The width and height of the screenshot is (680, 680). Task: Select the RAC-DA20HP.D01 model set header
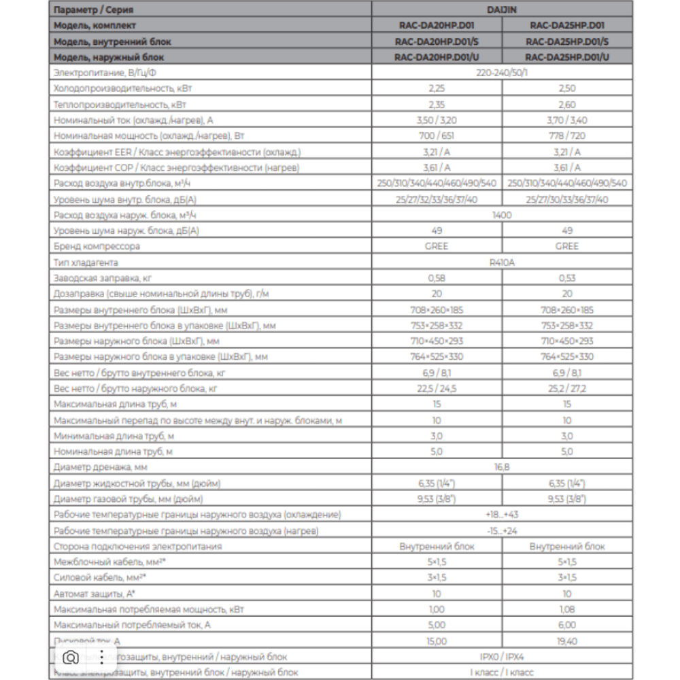click(x=436, y=26)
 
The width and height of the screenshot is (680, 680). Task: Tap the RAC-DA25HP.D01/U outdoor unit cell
click(x=567, y=57)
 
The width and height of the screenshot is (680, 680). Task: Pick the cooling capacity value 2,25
click(x=436, y=88)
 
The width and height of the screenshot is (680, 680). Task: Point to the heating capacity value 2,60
click(x=566, y=105)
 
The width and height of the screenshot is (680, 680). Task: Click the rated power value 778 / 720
click(x=566, y=136)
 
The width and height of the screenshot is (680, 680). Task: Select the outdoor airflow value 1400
click(x=502, y=215)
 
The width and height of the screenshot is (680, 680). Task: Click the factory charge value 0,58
click(x=436, y=278)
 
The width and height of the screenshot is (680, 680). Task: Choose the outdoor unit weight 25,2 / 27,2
click(x=566, y=388)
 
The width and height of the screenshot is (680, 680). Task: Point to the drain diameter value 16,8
click(x=502, y=467)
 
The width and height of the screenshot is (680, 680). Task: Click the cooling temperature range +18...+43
click(x=502, y=515)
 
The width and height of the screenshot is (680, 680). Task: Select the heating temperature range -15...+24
click(x=502, y=530)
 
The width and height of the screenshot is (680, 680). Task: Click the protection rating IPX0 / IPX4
click(x=502, y=657)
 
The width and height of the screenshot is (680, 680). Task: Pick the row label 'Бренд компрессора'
click(x=97, y=246)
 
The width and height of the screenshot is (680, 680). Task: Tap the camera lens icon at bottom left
click(x=70, y=657)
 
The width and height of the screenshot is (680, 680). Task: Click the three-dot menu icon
click(x=102, y=657)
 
